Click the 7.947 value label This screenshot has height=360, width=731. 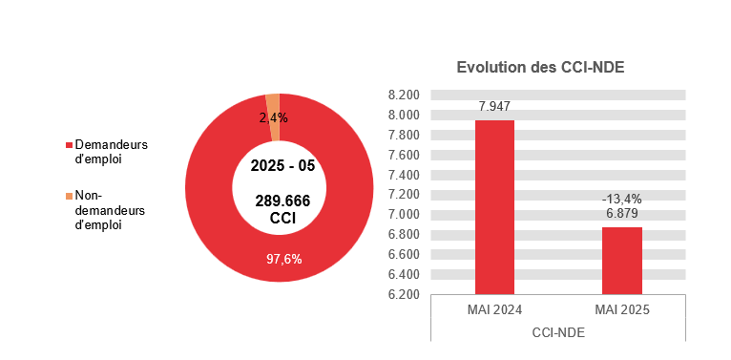coord(494,106)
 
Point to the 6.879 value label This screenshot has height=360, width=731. coord(621,214)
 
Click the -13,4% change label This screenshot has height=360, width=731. coord(621,199)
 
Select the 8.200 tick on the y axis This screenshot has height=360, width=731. coord(405,95)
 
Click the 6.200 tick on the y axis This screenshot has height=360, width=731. coord(405,294)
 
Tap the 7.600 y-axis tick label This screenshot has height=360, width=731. coord(405,156)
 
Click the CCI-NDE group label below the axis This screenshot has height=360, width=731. coord(557,332)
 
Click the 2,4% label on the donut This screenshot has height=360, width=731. coord(274,117)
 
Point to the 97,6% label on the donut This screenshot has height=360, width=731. coord(282,258)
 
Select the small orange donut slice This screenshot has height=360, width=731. coord(273,103)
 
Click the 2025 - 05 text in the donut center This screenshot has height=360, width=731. coord(282,165)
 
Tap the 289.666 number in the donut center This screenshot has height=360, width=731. coord(282,201)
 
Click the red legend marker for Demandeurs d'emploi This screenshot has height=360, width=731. coord(69,145)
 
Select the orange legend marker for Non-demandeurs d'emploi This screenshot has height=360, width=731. coord(69,196)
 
